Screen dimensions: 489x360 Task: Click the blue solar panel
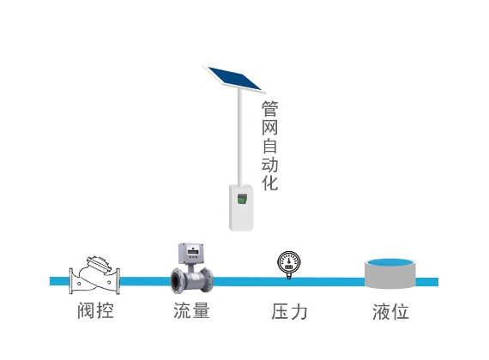coord(234,79)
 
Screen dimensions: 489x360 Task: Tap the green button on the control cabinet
coord(242,199)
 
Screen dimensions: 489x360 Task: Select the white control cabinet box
coord(241,208)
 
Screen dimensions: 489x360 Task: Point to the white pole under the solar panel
coord(240,137)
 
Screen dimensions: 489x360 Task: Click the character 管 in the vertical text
coord(269,109)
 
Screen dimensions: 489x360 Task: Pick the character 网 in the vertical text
coord(269,127)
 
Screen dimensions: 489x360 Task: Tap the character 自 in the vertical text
coord(269,146)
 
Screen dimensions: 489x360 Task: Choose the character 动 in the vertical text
coord(269,164)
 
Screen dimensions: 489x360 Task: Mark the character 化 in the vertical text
coord(269,183)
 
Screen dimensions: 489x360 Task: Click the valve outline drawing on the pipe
coord(94,276)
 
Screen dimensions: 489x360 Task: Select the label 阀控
coord(95,310)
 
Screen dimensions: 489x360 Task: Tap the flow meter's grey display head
coord(191,254)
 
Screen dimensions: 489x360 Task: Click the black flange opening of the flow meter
coord(177,282)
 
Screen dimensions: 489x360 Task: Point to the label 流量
coord(191,310)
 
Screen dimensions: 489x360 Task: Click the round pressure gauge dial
coord(289,263)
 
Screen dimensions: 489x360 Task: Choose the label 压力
coord(289,311)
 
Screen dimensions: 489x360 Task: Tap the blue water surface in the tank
coord(390,262)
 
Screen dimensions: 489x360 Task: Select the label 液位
coord(390,311)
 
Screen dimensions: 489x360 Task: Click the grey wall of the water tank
coord(390,278)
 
